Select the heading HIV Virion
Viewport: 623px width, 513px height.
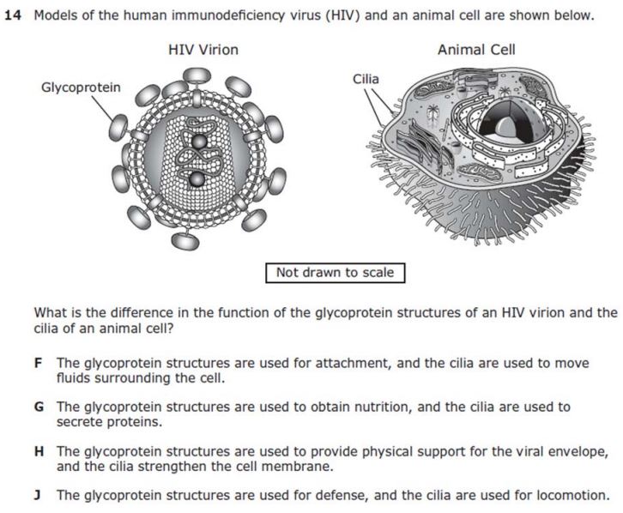[203, 50]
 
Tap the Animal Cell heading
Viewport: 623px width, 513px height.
[476, 50]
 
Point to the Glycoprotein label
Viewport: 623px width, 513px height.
[81, 87]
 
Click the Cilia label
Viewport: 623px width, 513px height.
[366, 79]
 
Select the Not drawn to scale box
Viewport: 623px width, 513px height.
[335, 273]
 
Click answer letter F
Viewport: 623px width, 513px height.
[39, 363]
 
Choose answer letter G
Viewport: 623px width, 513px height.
[39, 407]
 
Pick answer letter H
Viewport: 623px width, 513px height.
[39, 451]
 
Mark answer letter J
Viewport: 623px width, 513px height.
[38, 495]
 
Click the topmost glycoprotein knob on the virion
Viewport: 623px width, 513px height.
[197, 75]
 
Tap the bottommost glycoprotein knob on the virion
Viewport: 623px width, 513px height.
[185, 241]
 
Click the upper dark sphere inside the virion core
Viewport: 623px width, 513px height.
[199, 142]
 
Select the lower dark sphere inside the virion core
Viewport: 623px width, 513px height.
[197, 180]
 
